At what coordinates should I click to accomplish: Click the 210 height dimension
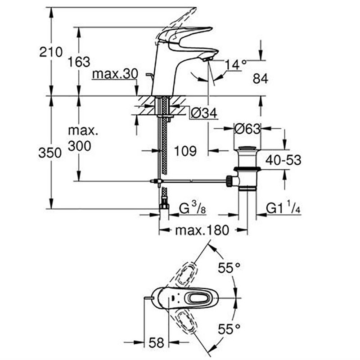pos(50,52)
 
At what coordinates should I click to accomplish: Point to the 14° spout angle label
pos(236,64)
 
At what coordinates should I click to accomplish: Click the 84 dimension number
pos(261,79)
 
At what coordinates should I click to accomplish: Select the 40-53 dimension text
pos(283,160)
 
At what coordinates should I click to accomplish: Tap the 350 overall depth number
pos(50,153)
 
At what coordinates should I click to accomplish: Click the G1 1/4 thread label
pos(283,208)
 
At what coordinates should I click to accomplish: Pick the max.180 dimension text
pos(202,231)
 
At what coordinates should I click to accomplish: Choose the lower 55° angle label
pos(229,329)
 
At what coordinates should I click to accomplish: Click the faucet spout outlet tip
pos(207,58)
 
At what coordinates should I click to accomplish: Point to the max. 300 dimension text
pos(80,138)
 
